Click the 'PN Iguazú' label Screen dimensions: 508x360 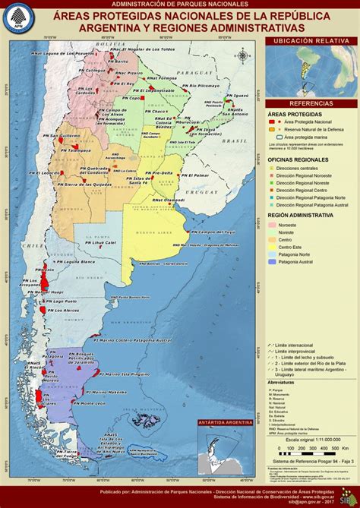[238, 96]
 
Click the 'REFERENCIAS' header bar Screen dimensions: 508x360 [311, 103]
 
